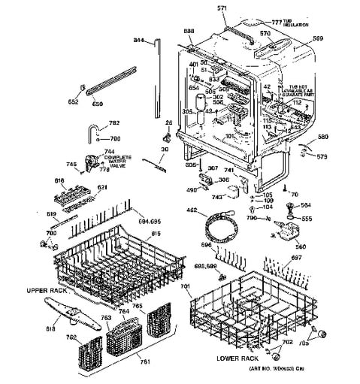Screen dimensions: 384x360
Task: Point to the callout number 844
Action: pyautogui.click(x=139, y=39)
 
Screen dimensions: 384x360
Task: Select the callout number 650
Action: pyautogui.click(x=96, y=104)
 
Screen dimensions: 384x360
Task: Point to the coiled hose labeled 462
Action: pyautogui.click(x=218, y=228)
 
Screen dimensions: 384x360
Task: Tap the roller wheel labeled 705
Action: pyautogui.click(x=325, y=334)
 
